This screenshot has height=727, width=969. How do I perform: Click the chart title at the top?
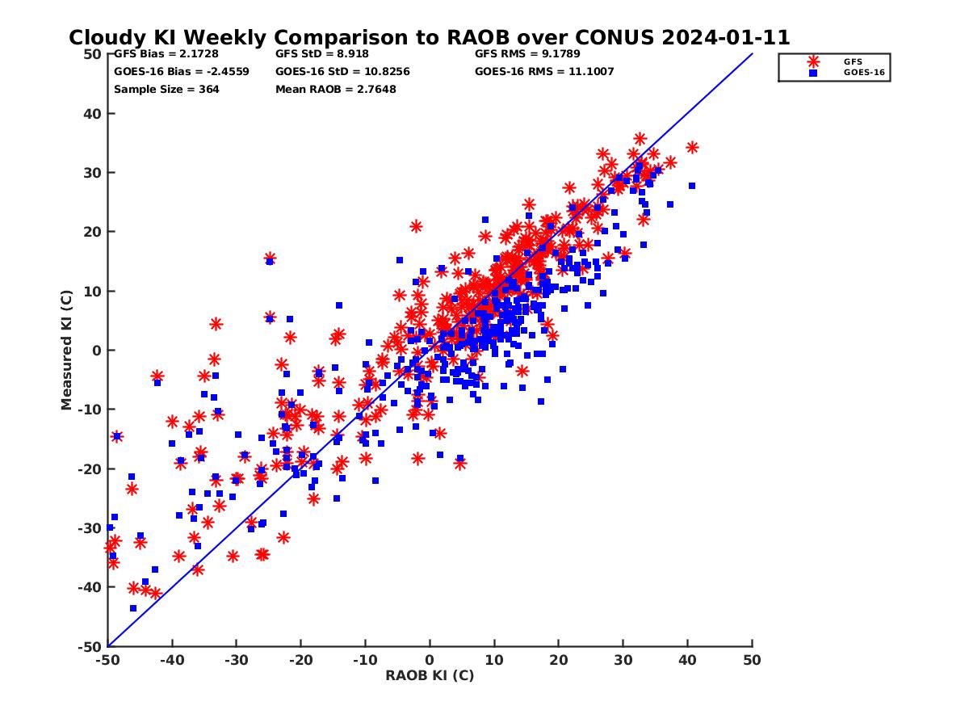[429, 37]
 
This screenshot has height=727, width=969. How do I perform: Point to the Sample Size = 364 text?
[166, 89]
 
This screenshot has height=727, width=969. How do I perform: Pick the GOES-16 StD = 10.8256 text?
[342, 71]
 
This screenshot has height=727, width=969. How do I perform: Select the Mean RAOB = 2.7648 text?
[336, 89]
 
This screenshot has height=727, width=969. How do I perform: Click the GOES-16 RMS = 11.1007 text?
[544, 71]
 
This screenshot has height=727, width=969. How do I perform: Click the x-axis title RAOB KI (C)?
[430, 675]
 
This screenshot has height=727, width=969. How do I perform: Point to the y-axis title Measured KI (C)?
[66, 350]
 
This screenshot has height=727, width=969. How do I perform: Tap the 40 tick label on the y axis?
[92, 113]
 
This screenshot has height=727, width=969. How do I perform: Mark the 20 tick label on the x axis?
[559, 660]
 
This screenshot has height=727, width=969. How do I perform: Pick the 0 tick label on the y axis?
[97, 350]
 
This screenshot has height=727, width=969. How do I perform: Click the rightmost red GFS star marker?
[692, 147]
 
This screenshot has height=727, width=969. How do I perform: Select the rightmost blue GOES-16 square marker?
[692, 186]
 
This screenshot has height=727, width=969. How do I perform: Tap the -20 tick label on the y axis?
[90, 469]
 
